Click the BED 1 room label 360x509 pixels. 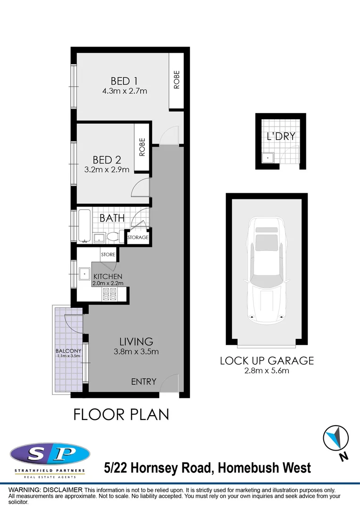124,81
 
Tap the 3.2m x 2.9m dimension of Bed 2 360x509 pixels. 107,170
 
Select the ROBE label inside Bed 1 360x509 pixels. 177,80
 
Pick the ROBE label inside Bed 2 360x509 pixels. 142,147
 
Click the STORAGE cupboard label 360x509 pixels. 138,238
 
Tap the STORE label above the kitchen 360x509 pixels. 107,254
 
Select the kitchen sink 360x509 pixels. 84,273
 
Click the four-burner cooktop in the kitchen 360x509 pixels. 109,295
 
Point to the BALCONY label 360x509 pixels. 68,351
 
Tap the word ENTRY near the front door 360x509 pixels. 143,382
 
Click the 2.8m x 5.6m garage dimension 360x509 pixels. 267,371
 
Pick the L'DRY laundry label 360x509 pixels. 281,137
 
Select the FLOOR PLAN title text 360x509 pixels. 121,414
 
